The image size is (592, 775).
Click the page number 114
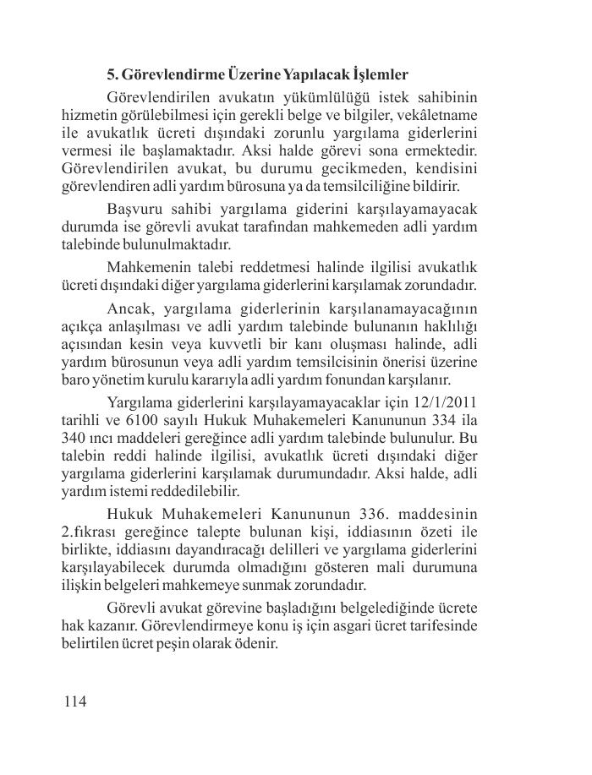[74, 701]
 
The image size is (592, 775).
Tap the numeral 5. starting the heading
[112, 74]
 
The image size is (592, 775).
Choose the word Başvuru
[134, 209]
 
